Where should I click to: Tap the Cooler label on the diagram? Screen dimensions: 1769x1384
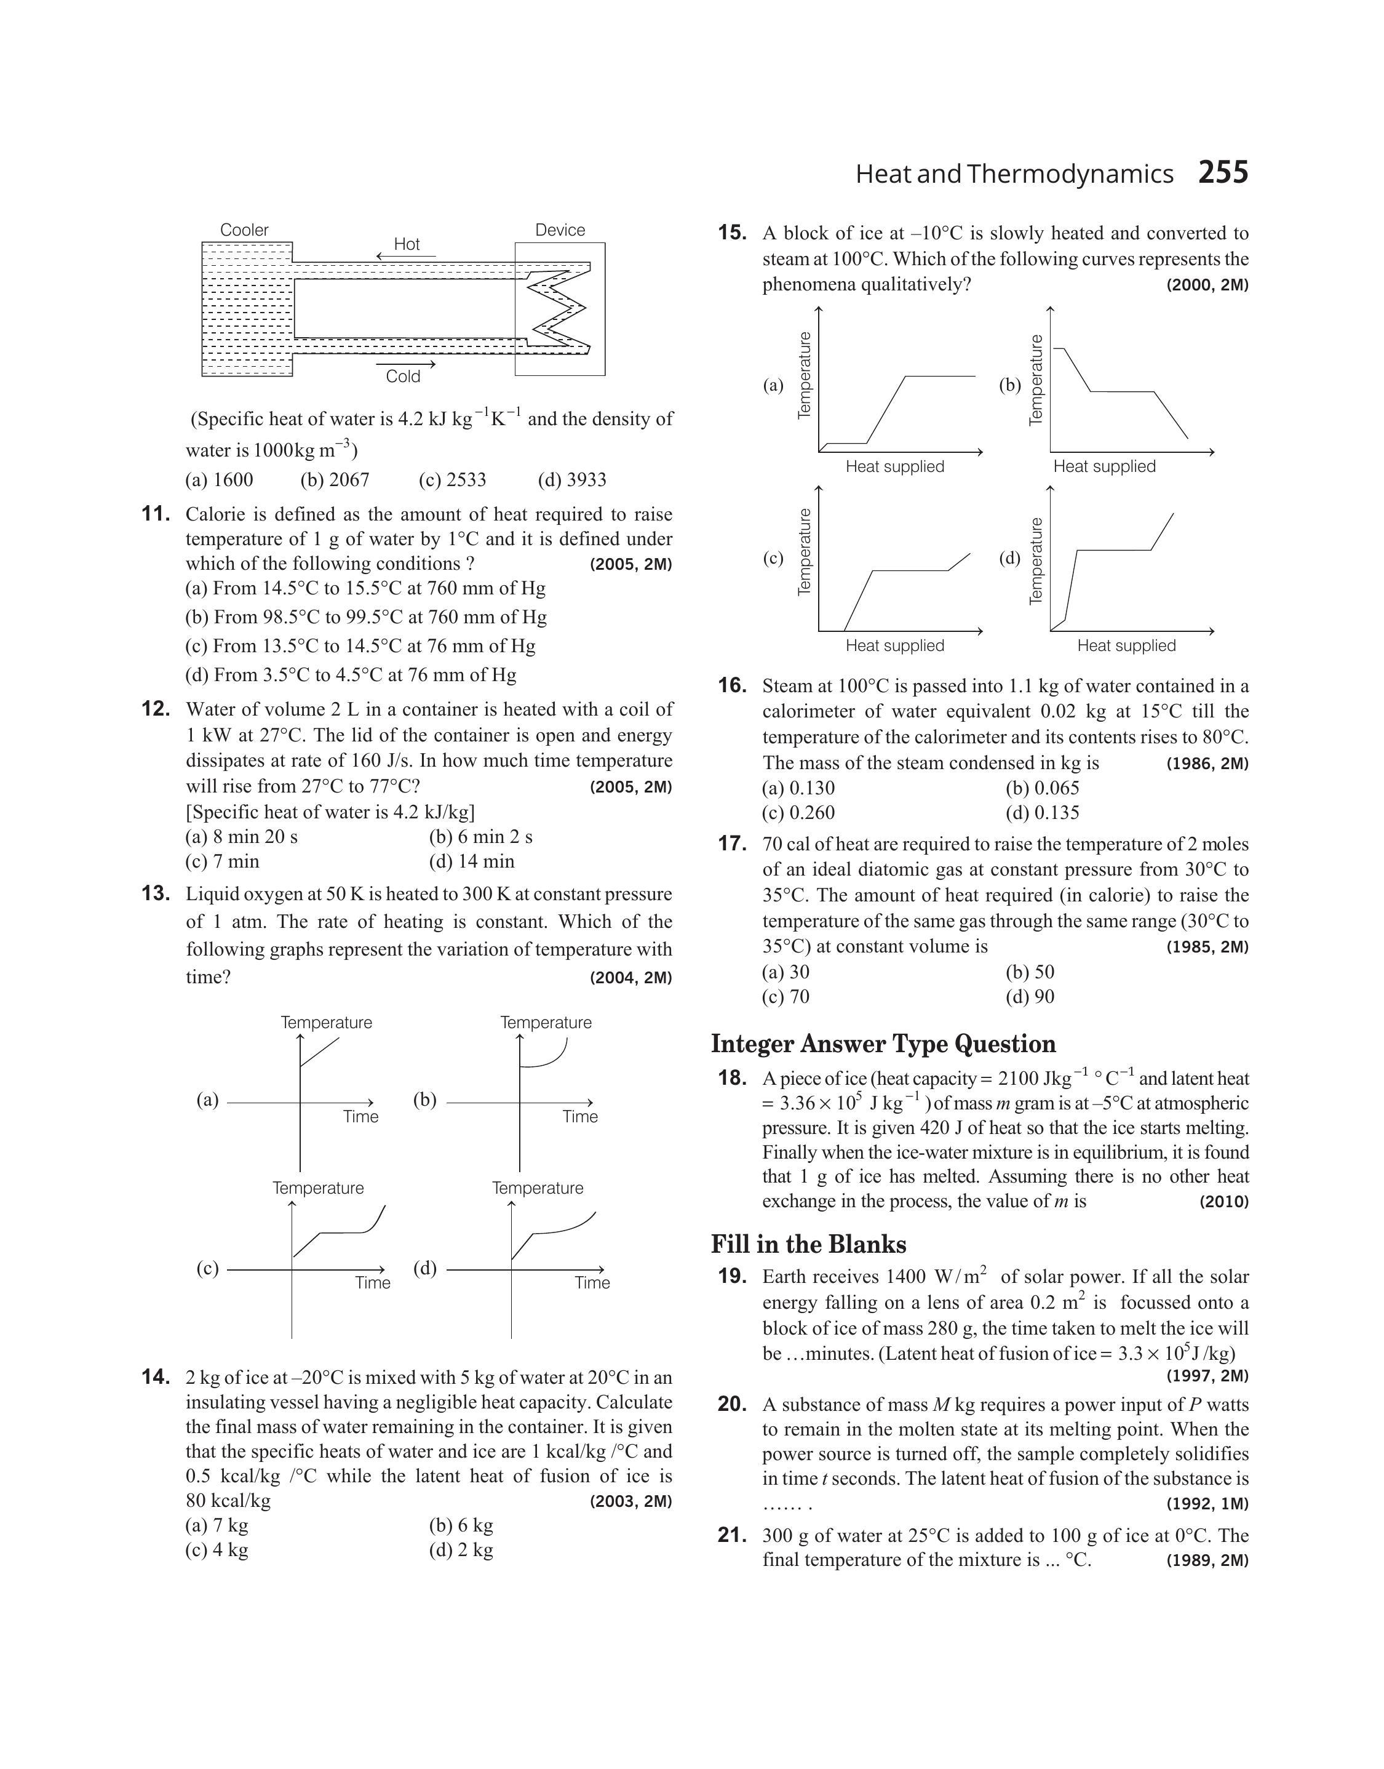click(x=244, y=230)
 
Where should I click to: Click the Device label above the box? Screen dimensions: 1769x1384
click(x=560, y=230)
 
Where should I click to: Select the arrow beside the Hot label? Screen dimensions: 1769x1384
click(x=405, y=257)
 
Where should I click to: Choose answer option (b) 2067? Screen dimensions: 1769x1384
click(x=335, y=480)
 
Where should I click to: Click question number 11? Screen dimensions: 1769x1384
click(x=156, y=514)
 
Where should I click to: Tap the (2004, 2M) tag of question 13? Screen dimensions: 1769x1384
click(x=631, y=978)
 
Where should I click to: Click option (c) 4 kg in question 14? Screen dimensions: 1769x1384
click(x=217, y=1549)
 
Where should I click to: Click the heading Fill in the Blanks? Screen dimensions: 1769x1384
click(x=809, y=1244)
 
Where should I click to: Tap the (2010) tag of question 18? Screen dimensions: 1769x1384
click(x=1223, y=1202)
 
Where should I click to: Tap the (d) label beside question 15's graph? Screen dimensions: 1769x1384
click(x=1009, y=557)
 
